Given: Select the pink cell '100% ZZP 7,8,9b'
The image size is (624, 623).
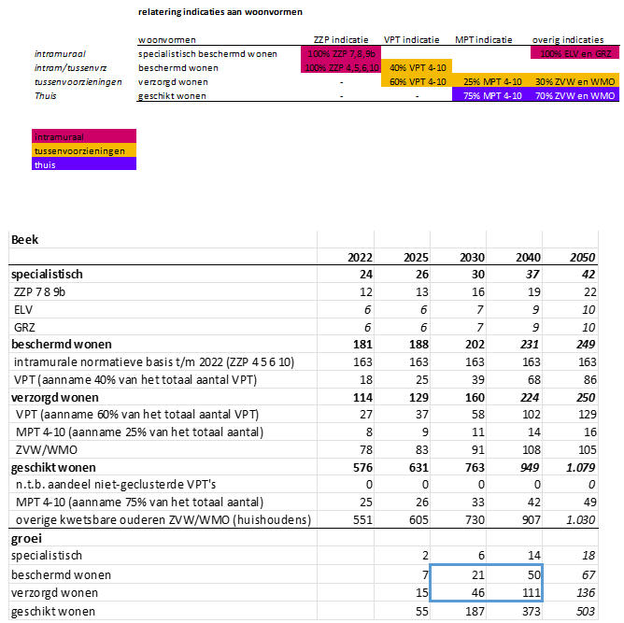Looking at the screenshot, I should pyautogui.click(x=341, y=54).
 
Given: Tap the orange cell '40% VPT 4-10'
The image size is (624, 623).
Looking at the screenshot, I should pyautogui.click(x=416, y=68).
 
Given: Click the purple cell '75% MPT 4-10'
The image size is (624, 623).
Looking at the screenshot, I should pyautogui.click(x=491, y=96).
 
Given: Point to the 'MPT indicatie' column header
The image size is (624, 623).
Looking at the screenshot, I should pyautogui.click(x=483, y=40).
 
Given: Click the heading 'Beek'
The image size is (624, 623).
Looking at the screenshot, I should pyautogui.click(x=24, y=240).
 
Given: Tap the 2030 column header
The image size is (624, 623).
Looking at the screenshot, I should pyautogui.click(x=469, y=258).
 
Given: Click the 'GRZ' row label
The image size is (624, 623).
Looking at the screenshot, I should pyautogui.click(x=24, y=326).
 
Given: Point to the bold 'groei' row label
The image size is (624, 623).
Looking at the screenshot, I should pyautogui.click(x=26, y=539).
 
